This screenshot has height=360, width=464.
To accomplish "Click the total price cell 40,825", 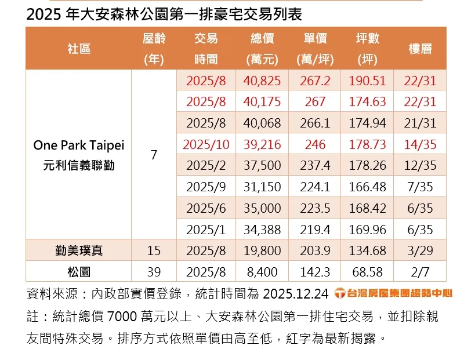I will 262,81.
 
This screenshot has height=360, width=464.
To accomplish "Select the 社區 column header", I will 78,49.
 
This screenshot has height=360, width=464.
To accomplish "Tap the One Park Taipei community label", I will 79,145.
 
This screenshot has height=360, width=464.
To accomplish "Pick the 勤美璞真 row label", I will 79,250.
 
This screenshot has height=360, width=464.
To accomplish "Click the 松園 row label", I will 79,271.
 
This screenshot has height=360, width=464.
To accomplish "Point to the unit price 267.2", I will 315,81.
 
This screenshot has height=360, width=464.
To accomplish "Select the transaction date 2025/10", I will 206,144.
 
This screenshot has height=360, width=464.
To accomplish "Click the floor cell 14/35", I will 420,144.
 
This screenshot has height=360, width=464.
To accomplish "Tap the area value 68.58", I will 368,271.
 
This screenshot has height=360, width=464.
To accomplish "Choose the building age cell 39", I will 154,271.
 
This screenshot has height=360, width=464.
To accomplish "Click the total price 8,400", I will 262,271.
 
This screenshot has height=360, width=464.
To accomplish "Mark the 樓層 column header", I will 420,49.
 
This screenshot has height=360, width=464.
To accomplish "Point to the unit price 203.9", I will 315,250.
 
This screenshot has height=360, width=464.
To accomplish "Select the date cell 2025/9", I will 206,187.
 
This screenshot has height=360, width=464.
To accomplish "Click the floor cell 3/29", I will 420,250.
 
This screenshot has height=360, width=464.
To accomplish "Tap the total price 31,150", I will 262,187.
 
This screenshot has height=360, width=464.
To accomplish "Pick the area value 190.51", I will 368,81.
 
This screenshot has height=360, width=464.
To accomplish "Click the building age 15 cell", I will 154,250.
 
